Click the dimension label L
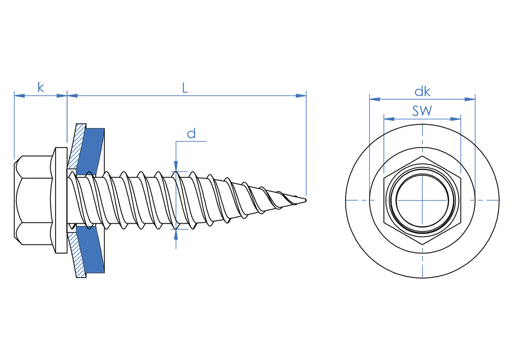coord(185,87)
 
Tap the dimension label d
coord(191,134)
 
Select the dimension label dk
coord(423,92)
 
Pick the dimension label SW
coord(422,111)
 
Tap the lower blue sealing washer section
coord(93,252)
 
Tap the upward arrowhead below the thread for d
coord(176,234)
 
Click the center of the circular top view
coord(423,200)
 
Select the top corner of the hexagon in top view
coord(423,156)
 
